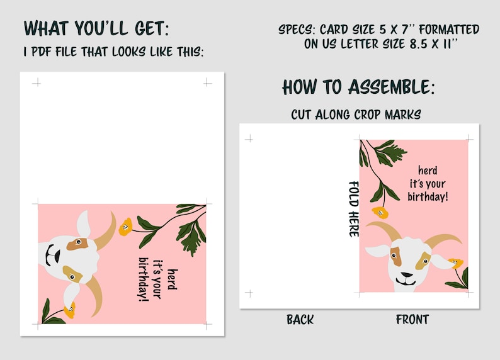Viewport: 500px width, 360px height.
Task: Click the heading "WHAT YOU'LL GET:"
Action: click(96, 29)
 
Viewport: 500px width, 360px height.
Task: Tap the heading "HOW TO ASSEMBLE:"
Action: click(358, 86)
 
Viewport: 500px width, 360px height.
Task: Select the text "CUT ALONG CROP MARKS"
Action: click(356, 115)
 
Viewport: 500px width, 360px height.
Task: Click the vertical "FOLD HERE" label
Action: click(354, 209)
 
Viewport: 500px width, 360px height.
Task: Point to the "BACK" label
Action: click(300, 320)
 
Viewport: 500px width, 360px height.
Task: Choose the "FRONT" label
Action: click(412, 320)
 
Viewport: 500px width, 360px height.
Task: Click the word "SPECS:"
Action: click(297, 30)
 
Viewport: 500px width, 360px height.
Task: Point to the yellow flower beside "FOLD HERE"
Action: click(380, 212)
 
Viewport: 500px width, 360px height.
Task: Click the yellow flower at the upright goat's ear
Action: click(455, 263)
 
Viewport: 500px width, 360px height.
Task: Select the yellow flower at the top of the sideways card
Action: click(126, 226)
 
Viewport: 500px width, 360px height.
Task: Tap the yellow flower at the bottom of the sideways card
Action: click(69, 309)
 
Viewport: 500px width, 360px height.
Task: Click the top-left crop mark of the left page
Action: click(37, 82)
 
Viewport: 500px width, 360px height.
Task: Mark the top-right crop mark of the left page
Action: click(207, 82)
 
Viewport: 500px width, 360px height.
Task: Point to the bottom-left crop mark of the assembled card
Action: click(249, 293)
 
